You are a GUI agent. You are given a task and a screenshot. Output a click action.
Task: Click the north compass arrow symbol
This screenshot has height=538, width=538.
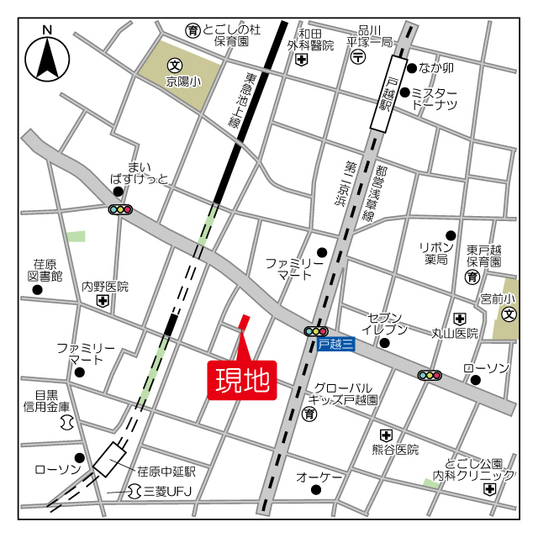click(x=47, y=57)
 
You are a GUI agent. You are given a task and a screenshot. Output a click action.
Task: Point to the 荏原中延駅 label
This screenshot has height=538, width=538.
click(x=166, y=471)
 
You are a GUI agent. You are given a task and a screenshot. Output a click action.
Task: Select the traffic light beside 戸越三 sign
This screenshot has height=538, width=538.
click(x=316, y=331)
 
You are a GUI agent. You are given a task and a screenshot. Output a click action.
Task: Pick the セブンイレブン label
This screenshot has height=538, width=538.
click(x=388, y=324)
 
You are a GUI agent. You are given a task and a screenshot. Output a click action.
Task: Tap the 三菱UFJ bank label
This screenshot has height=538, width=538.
click(x=165, y=490)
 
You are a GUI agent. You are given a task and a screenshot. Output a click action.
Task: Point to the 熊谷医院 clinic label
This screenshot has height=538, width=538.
click(x=396, y=451)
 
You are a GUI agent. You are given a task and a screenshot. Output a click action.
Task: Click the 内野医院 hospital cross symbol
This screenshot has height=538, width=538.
click(x=103, y=301)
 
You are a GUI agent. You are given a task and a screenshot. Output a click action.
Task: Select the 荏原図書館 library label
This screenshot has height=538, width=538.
click(x=45, y=269)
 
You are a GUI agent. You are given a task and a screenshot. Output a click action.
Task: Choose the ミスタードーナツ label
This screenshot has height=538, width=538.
click(x=435, y=98)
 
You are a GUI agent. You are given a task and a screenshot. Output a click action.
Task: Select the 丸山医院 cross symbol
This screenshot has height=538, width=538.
click(x=460, y=319)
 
